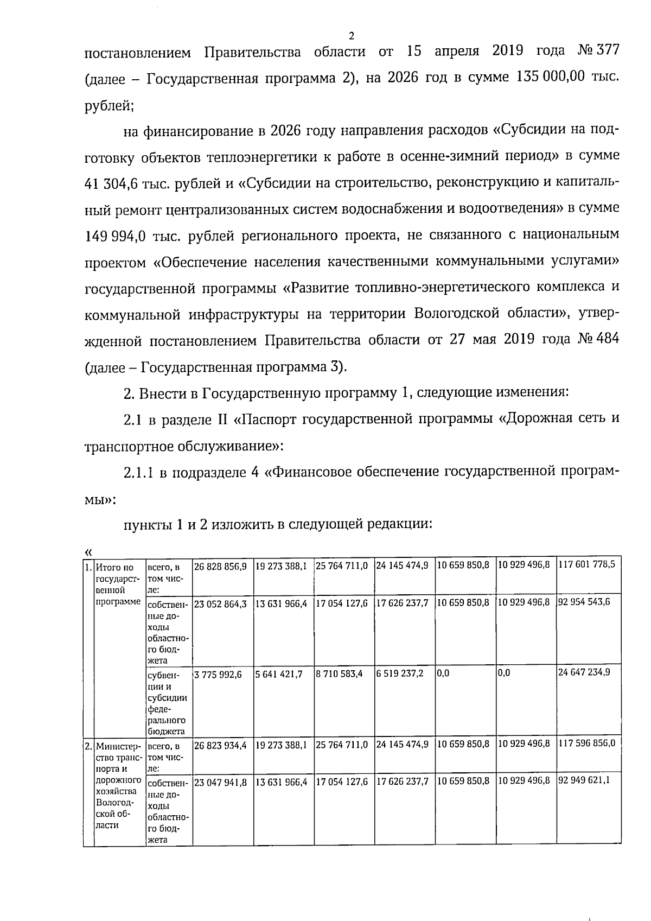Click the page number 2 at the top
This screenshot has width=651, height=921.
(x=351, y=36)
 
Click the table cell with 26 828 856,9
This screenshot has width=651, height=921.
(x=220, y=566)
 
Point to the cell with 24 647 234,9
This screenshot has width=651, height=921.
(x=584, y=672)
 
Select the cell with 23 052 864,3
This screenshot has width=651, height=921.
(x=220, y=602)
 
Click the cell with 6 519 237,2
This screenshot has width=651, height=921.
(x=400, y=673)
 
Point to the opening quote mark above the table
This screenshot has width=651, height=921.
(x=88, y=550)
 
